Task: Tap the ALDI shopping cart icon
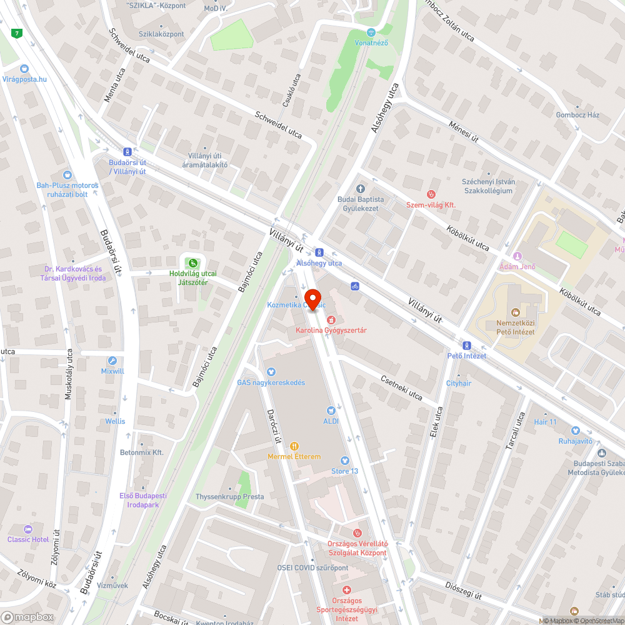[331, 411]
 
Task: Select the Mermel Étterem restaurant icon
[294, 446]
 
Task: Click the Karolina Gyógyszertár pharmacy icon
[331, 320]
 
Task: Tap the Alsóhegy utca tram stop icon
[319, 252]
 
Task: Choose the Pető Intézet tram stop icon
[466, 346]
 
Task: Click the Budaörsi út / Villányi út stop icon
[127, 151]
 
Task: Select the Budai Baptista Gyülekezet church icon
[360, 189]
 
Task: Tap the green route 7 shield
[17, 33]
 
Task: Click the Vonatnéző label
[371, 42]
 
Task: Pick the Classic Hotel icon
[27, 529]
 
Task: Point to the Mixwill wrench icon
[112, 361]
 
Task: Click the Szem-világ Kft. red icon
[431, 194]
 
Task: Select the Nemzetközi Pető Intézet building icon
[515, 311]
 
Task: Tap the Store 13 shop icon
[344, 461]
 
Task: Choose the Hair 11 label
[545, 422]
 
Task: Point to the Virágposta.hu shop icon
[24, 69]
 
